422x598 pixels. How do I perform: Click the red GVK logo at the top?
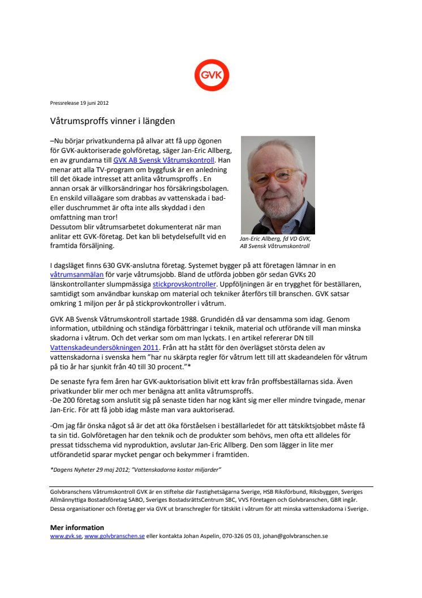pos(212,76)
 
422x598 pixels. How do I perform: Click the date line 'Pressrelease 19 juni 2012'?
pos(79,103)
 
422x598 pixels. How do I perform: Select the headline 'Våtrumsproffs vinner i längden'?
pos(113,121)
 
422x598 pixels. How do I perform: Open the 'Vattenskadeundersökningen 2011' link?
pos(105,347)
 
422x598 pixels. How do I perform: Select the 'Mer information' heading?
pos(77,527)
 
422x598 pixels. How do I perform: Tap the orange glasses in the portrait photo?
pos(278,175)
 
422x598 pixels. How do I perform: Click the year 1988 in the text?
pos(196,319)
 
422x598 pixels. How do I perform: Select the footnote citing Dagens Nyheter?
pos(135,469)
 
